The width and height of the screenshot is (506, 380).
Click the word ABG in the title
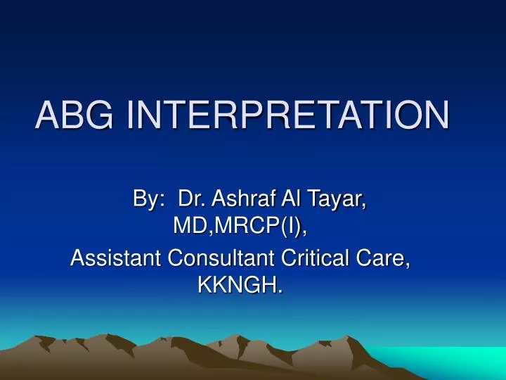(77, 115)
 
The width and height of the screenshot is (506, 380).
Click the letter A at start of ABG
(46, 115)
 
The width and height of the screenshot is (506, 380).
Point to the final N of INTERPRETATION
(434, 115)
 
